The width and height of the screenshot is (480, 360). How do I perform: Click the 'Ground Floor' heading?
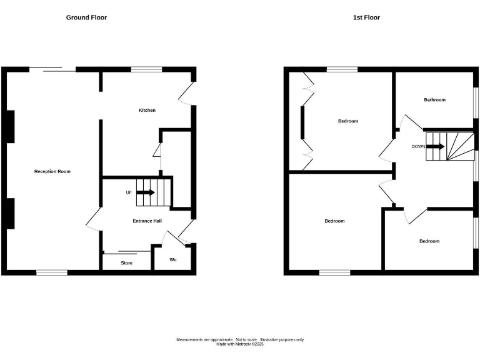click(x=86, y=17)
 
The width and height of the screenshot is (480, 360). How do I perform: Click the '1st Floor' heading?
click(x=366, y=17)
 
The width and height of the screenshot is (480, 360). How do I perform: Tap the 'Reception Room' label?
click(x=52, y=171)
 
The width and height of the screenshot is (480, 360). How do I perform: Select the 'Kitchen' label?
click(x=147, y=110)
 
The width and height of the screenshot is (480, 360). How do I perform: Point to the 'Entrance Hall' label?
click(x=147, y=221)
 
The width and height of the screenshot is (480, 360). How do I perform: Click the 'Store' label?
click(x=127, y=263)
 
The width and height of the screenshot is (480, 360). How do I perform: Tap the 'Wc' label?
click(x=173, y=259)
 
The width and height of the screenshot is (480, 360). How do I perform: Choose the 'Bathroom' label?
click(x=434, y=100)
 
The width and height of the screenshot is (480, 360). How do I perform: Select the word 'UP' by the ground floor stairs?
click(x=129, y=192)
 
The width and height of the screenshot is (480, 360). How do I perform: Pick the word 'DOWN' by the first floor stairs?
click(x=418, y=147)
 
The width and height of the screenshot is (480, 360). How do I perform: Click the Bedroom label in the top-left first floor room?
click(x=348, y=121)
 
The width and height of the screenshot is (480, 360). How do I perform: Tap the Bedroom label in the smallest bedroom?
click(x=429, y=241)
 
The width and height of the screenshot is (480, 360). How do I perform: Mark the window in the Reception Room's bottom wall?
click(x=52, y=272)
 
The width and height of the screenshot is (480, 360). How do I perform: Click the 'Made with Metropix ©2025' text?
click(x=240, y=344)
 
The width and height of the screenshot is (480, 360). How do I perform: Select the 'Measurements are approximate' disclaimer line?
click(x=240, y=339)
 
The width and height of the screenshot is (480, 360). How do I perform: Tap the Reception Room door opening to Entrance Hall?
click(x=92, y=219)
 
